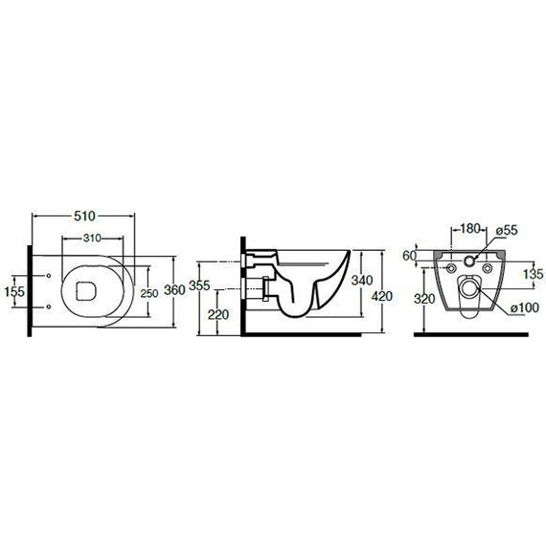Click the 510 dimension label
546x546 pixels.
coord(84,216)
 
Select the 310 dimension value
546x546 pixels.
coord(92,239)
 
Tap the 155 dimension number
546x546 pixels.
coord(14,291)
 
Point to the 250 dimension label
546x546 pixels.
coord(149,293)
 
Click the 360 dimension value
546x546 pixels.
coord(174,289)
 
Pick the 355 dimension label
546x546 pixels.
coord(199,285)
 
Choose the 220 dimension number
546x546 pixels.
coord(218,315)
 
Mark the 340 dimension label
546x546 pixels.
coord(362,280)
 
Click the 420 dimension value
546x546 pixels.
coord(382,296)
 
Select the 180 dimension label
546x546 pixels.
coord(470,229)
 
